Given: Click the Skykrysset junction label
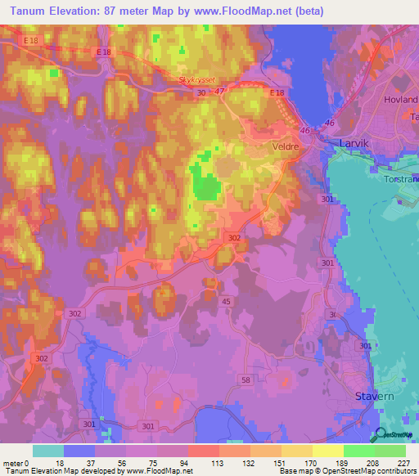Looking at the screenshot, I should pyautogui.click(x=199, y=81).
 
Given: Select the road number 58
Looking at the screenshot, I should pyautogui.click(x=268, y=357).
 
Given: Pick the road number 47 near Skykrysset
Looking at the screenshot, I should pyautogui.click(x=221, y=93).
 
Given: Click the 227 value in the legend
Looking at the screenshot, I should pyautogui.click(x=405, y=464).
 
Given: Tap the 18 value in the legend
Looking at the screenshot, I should pyautogui.click(x=64, y=464).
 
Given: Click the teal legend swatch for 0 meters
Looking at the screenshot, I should pyautogui.click(x=48, y=451).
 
